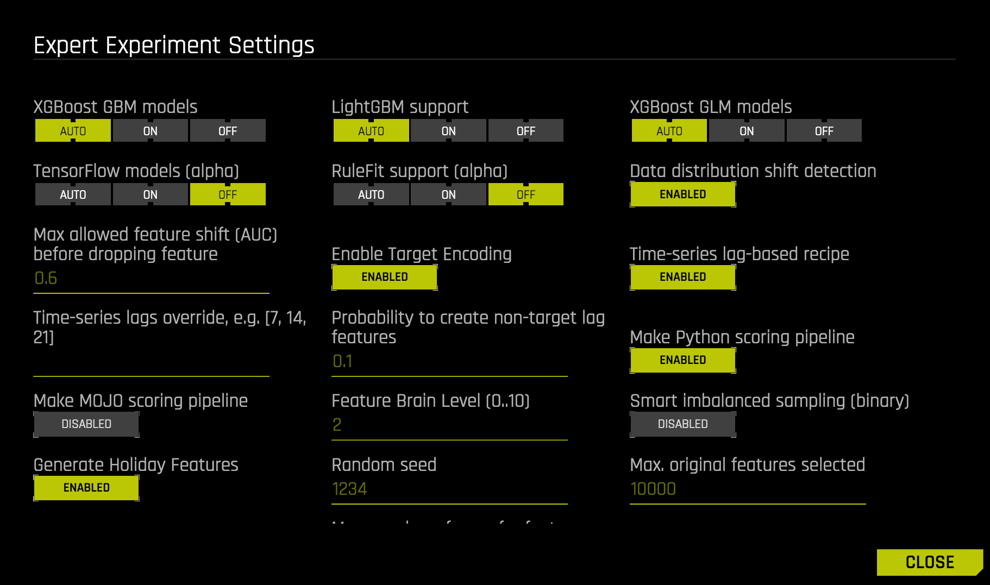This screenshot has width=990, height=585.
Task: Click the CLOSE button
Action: coord(930,562)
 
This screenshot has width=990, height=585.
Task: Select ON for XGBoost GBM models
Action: coord(151,131)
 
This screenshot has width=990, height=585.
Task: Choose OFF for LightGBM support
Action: coord(525,131)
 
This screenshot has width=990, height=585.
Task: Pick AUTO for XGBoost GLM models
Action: coord(669,131)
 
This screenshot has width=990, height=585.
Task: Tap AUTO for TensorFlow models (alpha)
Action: coord(73,194)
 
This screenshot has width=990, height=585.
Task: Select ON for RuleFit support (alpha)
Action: coord(448,194)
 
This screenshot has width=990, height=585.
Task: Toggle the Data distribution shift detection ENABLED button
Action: coord(682,194)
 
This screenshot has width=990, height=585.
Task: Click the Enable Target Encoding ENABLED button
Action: coord(384,277)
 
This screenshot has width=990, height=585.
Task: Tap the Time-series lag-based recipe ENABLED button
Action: coord(682,277)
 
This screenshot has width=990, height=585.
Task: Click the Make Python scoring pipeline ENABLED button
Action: coord(682,360)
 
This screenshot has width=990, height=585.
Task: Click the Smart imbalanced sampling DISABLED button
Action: coord(682,424)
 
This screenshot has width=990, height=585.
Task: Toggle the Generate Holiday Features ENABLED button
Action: coord(86,488)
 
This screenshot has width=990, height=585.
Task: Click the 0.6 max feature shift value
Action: coord(46,279)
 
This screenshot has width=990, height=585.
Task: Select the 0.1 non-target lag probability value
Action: coord(342,361)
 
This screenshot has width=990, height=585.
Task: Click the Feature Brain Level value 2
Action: coord(337,425)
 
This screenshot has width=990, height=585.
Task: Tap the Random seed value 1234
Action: coord(349,489)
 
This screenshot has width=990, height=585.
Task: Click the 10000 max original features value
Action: coord(653,489)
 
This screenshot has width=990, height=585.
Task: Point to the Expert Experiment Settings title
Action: coord(174,45)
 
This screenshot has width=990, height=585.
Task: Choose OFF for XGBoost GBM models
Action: coord(228,131)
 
